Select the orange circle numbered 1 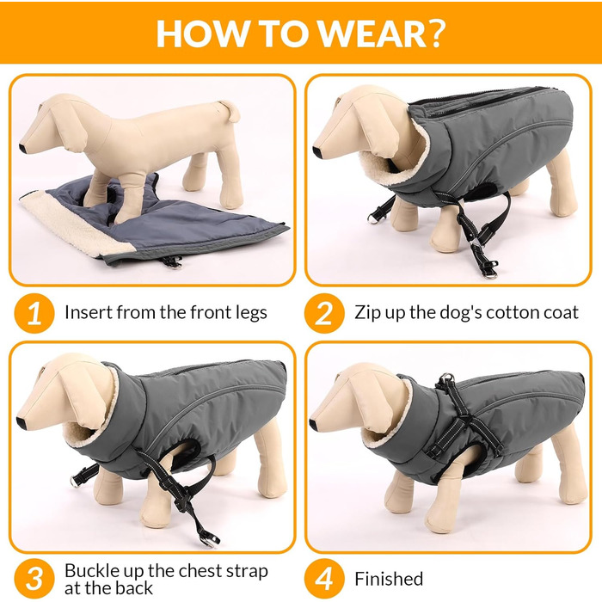coord(34,313)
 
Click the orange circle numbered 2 coord(324,313)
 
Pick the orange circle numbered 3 coord(34,579)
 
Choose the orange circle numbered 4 coord(324,579)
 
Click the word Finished coord(389,579)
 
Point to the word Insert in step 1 coord(89,312)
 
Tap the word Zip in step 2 coord(368,313)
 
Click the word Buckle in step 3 coord(93,570)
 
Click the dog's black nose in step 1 coord(23,148)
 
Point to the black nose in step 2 coord(316,151)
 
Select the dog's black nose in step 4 coord(313,424)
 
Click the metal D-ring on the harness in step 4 coord(447,379)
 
